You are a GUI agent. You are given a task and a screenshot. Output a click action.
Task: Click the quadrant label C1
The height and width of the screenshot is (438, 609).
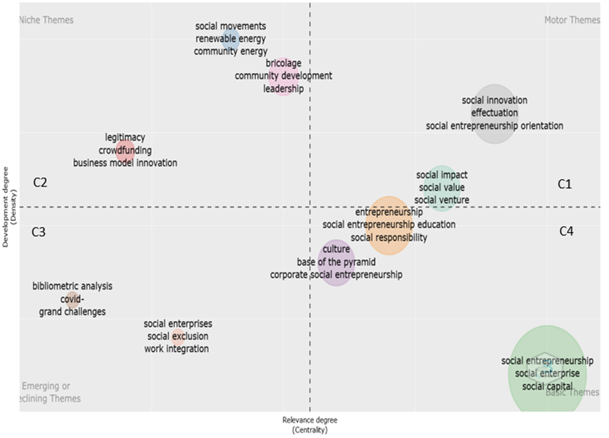point(565,184)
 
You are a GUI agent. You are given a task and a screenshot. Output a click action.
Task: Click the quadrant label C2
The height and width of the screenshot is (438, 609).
point(40,182)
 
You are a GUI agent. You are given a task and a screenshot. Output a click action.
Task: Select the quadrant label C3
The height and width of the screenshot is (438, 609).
point(39,231)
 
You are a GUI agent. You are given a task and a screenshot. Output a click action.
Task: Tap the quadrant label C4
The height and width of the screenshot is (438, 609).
point(566,231)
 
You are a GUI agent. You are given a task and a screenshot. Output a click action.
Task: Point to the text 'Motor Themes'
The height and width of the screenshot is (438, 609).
point(572,20)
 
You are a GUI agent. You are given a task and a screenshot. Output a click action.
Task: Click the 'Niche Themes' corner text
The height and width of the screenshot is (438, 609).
point(47,20)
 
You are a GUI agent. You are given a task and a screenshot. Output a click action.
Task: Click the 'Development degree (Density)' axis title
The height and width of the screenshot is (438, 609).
point(8,206)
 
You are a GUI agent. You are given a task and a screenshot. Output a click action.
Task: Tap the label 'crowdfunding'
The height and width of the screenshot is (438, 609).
point(125,150)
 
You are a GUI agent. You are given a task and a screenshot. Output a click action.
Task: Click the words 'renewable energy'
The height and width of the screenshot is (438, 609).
point(230,39)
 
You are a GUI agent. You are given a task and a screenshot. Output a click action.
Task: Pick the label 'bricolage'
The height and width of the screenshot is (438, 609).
point(283,63)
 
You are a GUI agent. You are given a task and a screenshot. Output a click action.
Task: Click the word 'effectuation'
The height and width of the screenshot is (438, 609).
point(495,113)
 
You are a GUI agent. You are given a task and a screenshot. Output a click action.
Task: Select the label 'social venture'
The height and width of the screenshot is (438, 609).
point(441,200)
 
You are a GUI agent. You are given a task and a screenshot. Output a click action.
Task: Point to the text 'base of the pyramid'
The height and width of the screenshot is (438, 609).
point(336,262)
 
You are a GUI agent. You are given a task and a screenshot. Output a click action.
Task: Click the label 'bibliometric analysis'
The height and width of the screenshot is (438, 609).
point(72,286)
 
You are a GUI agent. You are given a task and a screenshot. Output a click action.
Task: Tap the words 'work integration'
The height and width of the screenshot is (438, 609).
point(177,348)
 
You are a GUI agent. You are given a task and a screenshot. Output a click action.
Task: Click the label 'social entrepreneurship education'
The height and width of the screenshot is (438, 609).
point(389,225)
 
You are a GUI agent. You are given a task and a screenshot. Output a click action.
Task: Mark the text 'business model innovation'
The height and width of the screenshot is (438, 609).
point(125,163)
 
